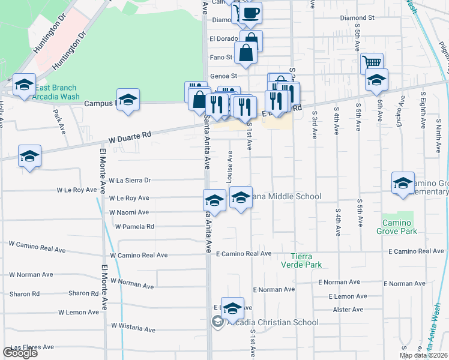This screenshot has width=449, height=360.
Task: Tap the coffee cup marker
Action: coord(252,13)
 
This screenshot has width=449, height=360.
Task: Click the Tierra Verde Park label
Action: coord(302,260)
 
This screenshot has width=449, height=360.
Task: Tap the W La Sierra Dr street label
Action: coord(129,180)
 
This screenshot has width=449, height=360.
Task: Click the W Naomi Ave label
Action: coord(128,212)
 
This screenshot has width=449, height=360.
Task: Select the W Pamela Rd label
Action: coord(134,227)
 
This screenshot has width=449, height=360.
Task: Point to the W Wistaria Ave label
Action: coord(133,329)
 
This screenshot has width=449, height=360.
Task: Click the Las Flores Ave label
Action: coord(32,347)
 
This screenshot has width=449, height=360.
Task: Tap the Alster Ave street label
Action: coord(348,310)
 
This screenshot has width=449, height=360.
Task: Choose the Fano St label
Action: coord(220,58)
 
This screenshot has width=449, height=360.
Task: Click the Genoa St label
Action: coord(224,76)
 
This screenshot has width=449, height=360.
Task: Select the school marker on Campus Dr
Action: coord(128,100)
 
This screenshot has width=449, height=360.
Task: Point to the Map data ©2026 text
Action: coord(423,355)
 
